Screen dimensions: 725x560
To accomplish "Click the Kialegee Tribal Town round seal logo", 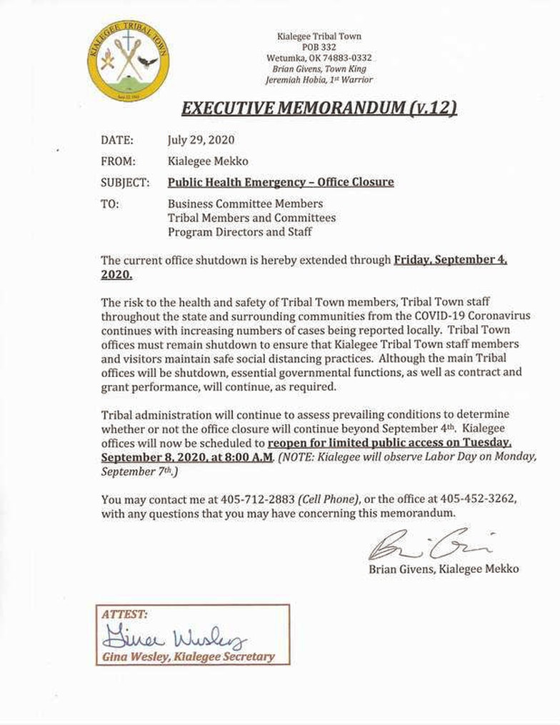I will click(128, 60).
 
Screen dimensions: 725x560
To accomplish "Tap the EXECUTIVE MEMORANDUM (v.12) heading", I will click(319, 108).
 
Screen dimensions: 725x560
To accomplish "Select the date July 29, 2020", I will click(201, 140).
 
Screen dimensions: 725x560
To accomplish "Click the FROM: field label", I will click(118, 161).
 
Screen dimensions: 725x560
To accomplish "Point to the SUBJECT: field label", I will click(125, 182).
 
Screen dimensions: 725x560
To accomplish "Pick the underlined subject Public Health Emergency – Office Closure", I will click(281, 182).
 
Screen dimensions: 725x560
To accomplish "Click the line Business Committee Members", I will click(245, 204).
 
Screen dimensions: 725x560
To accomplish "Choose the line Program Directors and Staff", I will click(239, 232).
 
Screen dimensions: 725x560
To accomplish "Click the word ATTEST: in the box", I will click(125, 614).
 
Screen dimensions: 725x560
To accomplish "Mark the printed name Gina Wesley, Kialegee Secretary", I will click(188, 656).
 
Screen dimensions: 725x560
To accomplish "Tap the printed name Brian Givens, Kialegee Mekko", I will click(444, 569).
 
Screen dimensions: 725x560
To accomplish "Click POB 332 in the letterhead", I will click(319, 47).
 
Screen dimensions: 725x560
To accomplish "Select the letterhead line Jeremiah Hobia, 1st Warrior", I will click(319, 80).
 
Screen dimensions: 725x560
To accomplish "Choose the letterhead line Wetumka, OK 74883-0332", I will click(319, 58).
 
